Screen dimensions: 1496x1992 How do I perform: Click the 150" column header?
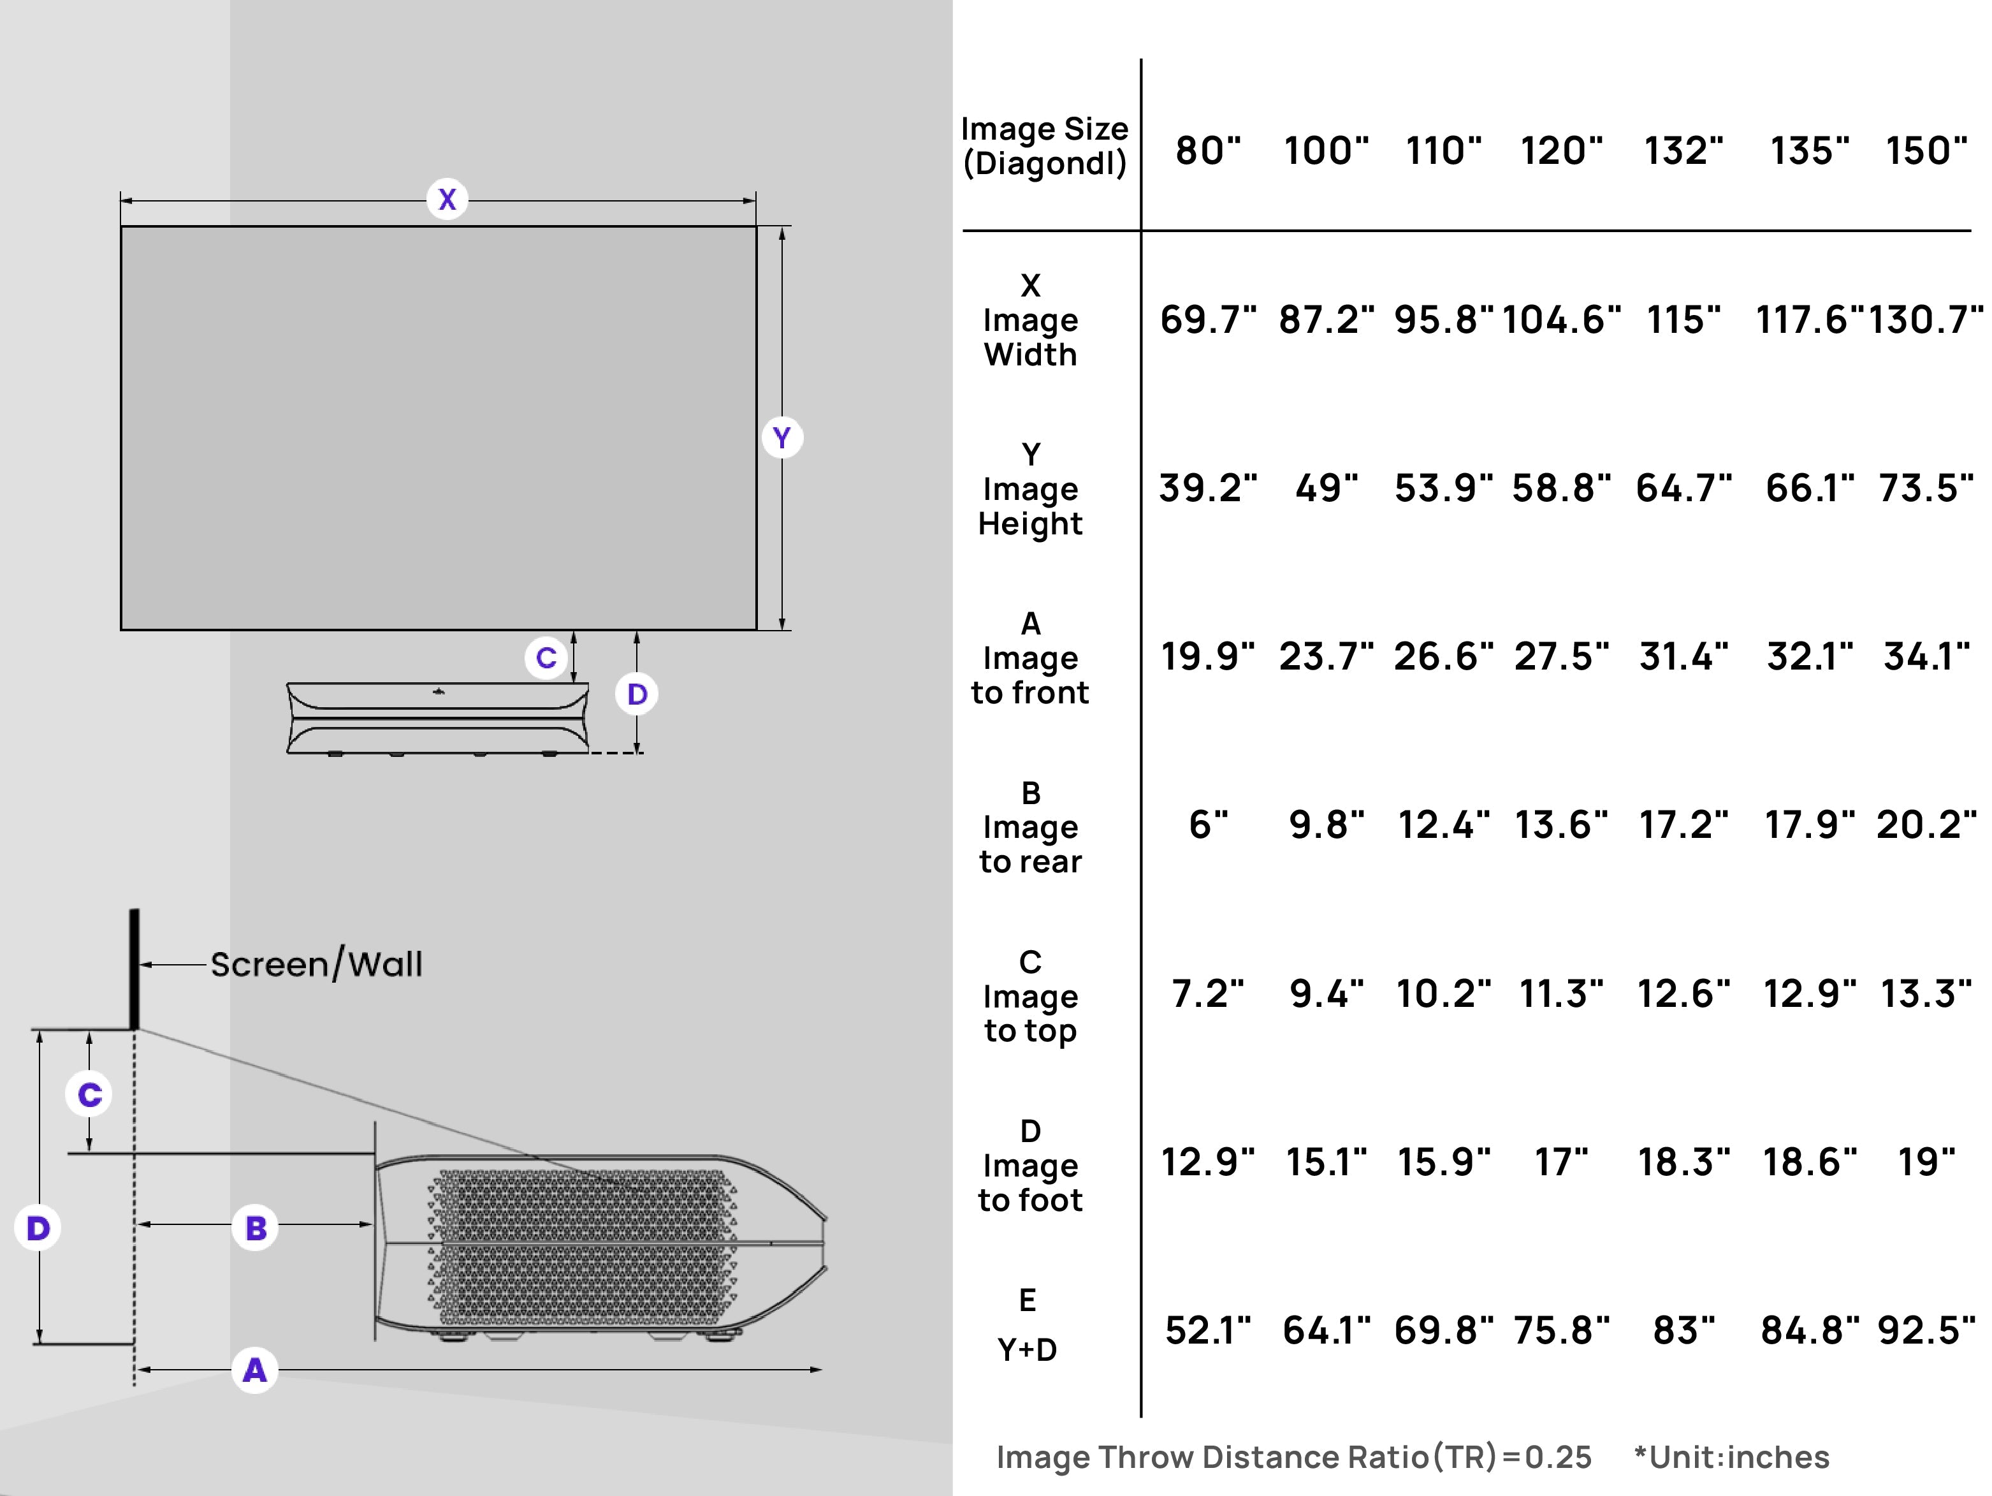pyautogui.click(x=1926, y=150)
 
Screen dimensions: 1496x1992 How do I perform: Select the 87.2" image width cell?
pyautogui.click(x=1326, y=319)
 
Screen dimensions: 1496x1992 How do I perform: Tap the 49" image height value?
pyautogui.click(x=1326, y=488)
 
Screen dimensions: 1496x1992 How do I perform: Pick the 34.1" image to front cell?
pyautogui.click(x=1926, y=657)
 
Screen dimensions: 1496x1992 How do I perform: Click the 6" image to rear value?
pyautogui.click(x=1207, y=825)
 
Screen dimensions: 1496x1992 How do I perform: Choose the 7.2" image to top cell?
pyautogui.click(x=1207, y=994)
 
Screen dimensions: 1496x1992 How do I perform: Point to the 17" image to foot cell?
pyautogui.click(x=1560, y=1162)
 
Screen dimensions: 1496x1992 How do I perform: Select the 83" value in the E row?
pyautogui.click(x=1683, y=1330)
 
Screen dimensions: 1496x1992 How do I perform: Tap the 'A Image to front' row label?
pyautogui.click(x=1029, y=657)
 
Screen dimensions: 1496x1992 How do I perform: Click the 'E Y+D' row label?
pyautogui.click(x=1028, y=1325)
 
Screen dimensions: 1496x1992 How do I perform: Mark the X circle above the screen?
pyautogui.click(x=447, y=199)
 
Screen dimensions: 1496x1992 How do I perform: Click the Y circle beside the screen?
pyautogui.click(x=782, y=437)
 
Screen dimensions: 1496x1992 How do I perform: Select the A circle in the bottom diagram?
pyautogui.click(x=255, y=1370)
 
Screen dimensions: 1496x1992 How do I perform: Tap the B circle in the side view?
pyautogui.click(x=256, y=1228)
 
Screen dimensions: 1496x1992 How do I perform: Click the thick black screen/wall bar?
pyautogui.click(x=134, y=968)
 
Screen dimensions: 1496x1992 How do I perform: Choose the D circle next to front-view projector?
pyautogui.click(x=637, y=694)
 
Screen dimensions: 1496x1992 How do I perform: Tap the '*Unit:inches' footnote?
pyautogui.click(x=1731, y=1457)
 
